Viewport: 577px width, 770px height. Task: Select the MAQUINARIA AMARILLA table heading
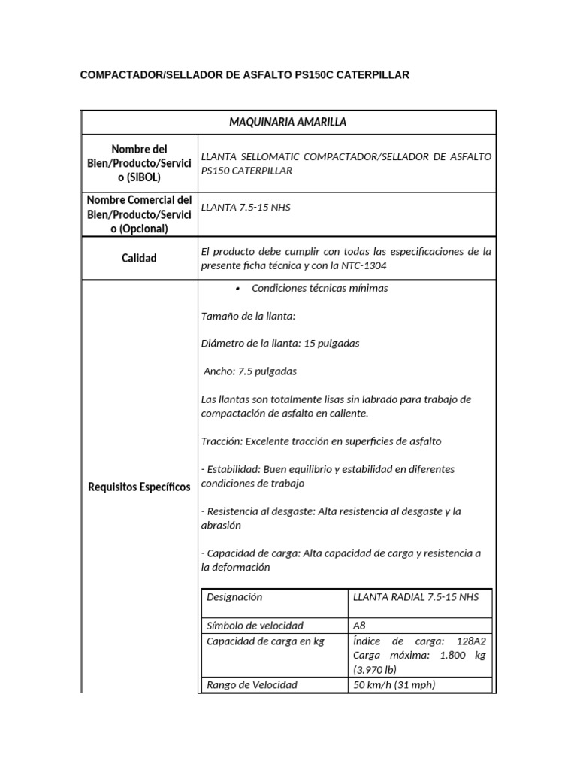pos(288,122)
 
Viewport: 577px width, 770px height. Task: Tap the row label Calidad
pos(139,258)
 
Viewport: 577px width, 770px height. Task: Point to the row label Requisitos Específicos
pos(139,487)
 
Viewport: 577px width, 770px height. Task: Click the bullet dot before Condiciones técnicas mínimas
pos(237,289)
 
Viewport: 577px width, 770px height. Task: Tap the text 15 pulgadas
pos(331,344)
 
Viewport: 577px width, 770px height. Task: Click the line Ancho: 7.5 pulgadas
pos(250,371)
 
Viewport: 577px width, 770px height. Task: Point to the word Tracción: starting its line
pos(221,441)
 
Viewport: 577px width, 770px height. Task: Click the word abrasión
pos(221,526)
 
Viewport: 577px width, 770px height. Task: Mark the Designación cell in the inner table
pos(234,597)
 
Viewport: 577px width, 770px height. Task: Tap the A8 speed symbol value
pos(360,626)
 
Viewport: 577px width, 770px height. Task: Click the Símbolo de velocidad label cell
pos(255,626)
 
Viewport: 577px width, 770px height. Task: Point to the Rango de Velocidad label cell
pos(252,684)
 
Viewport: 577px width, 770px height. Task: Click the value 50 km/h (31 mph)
pos(394,684)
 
